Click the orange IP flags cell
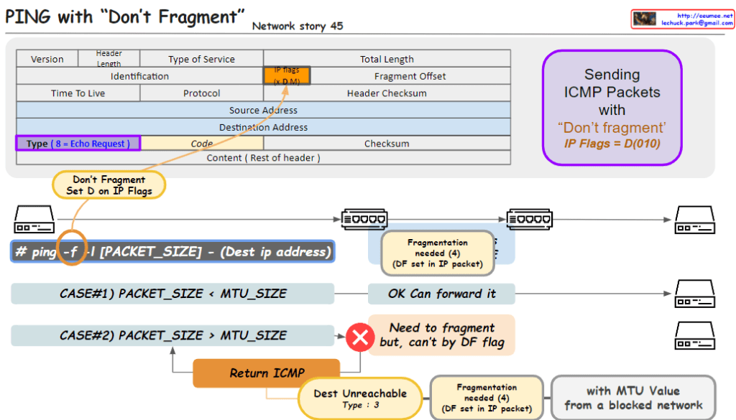point(287,75)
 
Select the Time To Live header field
point(78,93)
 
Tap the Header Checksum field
point(387,93)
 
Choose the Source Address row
point(263,110)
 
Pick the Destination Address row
point(263,127)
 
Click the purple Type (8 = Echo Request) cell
point(78,144)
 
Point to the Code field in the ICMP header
point(201,144)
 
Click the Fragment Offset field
point(410,76)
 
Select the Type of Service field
point(201,59)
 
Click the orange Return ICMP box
point(267,373)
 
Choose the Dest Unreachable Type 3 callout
point(360,398)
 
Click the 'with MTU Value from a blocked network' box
point(632,398)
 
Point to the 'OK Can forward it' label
point(441,294)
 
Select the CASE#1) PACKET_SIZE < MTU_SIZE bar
point(172,294)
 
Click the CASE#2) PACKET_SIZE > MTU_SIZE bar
point(172,335)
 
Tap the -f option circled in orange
point(70,251)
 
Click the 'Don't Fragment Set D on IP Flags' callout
point(109,185)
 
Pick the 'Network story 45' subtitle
point(298,27)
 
